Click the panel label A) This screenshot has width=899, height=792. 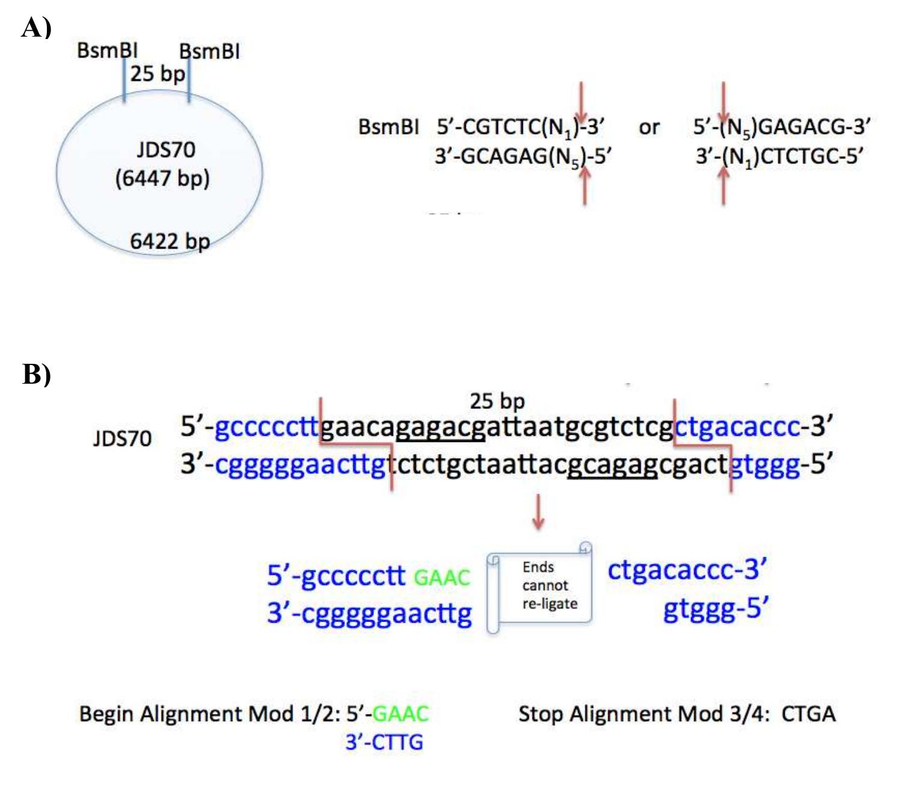36,28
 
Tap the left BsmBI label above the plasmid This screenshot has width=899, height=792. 107,50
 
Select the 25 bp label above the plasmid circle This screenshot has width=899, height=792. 157,74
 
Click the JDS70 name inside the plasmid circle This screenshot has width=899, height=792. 166,150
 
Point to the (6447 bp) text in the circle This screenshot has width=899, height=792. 162,178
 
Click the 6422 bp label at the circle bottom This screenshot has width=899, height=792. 169,241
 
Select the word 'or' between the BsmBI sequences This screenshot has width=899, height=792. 649,127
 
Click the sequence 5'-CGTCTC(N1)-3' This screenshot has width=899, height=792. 520,127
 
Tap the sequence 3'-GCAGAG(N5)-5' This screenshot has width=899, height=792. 523,157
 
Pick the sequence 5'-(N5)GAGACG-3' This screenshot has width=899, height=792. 781,127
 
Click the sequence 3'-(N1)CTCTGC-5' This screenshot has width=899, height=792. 779,157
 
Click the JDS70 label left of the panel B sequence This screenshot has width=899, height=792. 122,439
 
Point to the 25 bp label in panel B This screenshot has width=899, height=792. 497,401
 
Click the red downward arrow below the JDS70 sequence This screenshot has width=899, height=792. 538,512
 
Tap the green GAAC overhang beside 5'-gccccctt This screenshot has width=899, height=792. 442,578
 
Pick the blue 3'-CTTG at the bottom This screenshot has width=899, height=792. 384,743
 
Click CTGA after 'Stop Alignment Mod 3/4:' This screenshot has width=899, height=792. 808,714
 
